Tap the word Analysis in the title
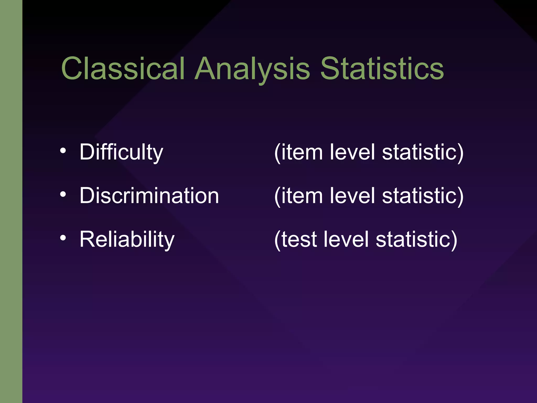coord(252,69)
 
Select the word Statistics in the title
coord(382,69)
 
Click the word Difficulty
coord(121,152)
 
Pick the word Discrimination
coord(149,196)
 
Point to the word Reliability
coord(127,239)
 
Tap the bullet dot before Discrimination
coord(63,194)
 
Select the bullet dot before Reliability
coord(63,238)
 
